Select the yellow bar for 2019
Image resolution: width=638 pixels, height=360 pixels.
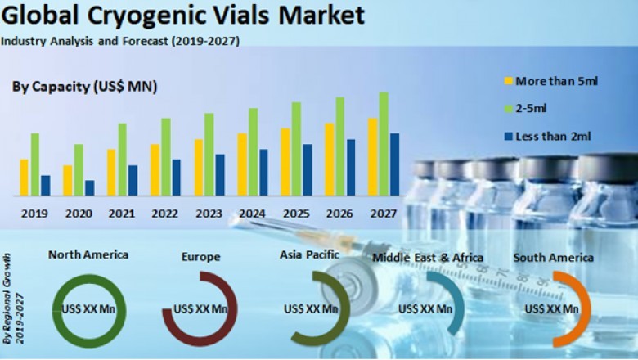(25, 178)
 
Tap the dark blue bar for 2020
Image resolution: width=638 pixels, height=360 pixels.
(89, 188)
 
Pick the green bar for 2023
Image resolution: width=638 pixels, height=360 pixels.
(209, 155)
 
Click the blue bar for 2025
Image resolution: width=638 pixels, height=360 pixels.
(307, 170)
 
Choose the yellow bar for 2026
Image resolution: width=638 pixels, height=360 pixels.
(329, 160)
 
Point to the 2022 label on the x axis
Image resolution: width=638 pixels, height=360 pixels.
(165, 214)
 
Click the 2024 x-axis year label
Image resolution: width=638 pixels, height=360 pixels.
(252, 214)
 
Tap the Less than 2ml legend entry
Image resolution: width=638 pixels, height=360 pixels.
(552, 136)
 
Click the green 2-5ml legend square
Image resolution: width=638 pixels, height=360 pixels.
(507, 108)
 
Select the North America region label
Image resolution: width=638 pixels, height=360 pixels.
(88, 254)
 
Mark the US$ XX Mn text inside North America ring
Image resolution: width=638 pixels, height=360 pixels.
(89, 309)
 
